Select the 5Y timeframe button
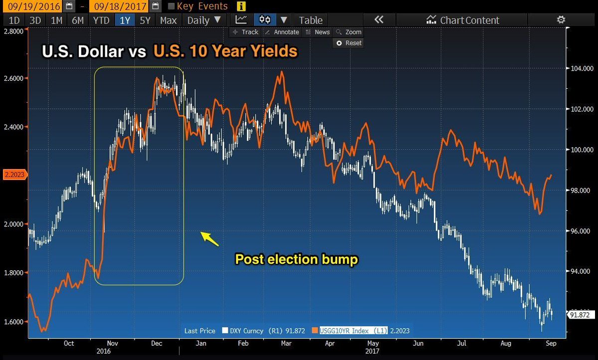tap(145, 20)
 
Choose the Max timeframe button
tap(168, 20)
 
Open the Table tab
tap(310, 20)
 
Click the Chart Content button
tap(462, 20)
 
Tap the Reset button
tap(349, 43)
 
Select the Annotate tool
tap(282, 32)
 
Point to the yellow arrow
tap(209, 239)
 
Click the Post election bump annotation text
tap(296, 259)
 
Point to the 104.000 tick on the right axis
tap(581, 68)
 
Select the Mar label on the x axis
tap(286, 343)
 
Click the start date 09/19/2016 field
tap(32, 6)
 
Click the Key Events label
tap(202, 6)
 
